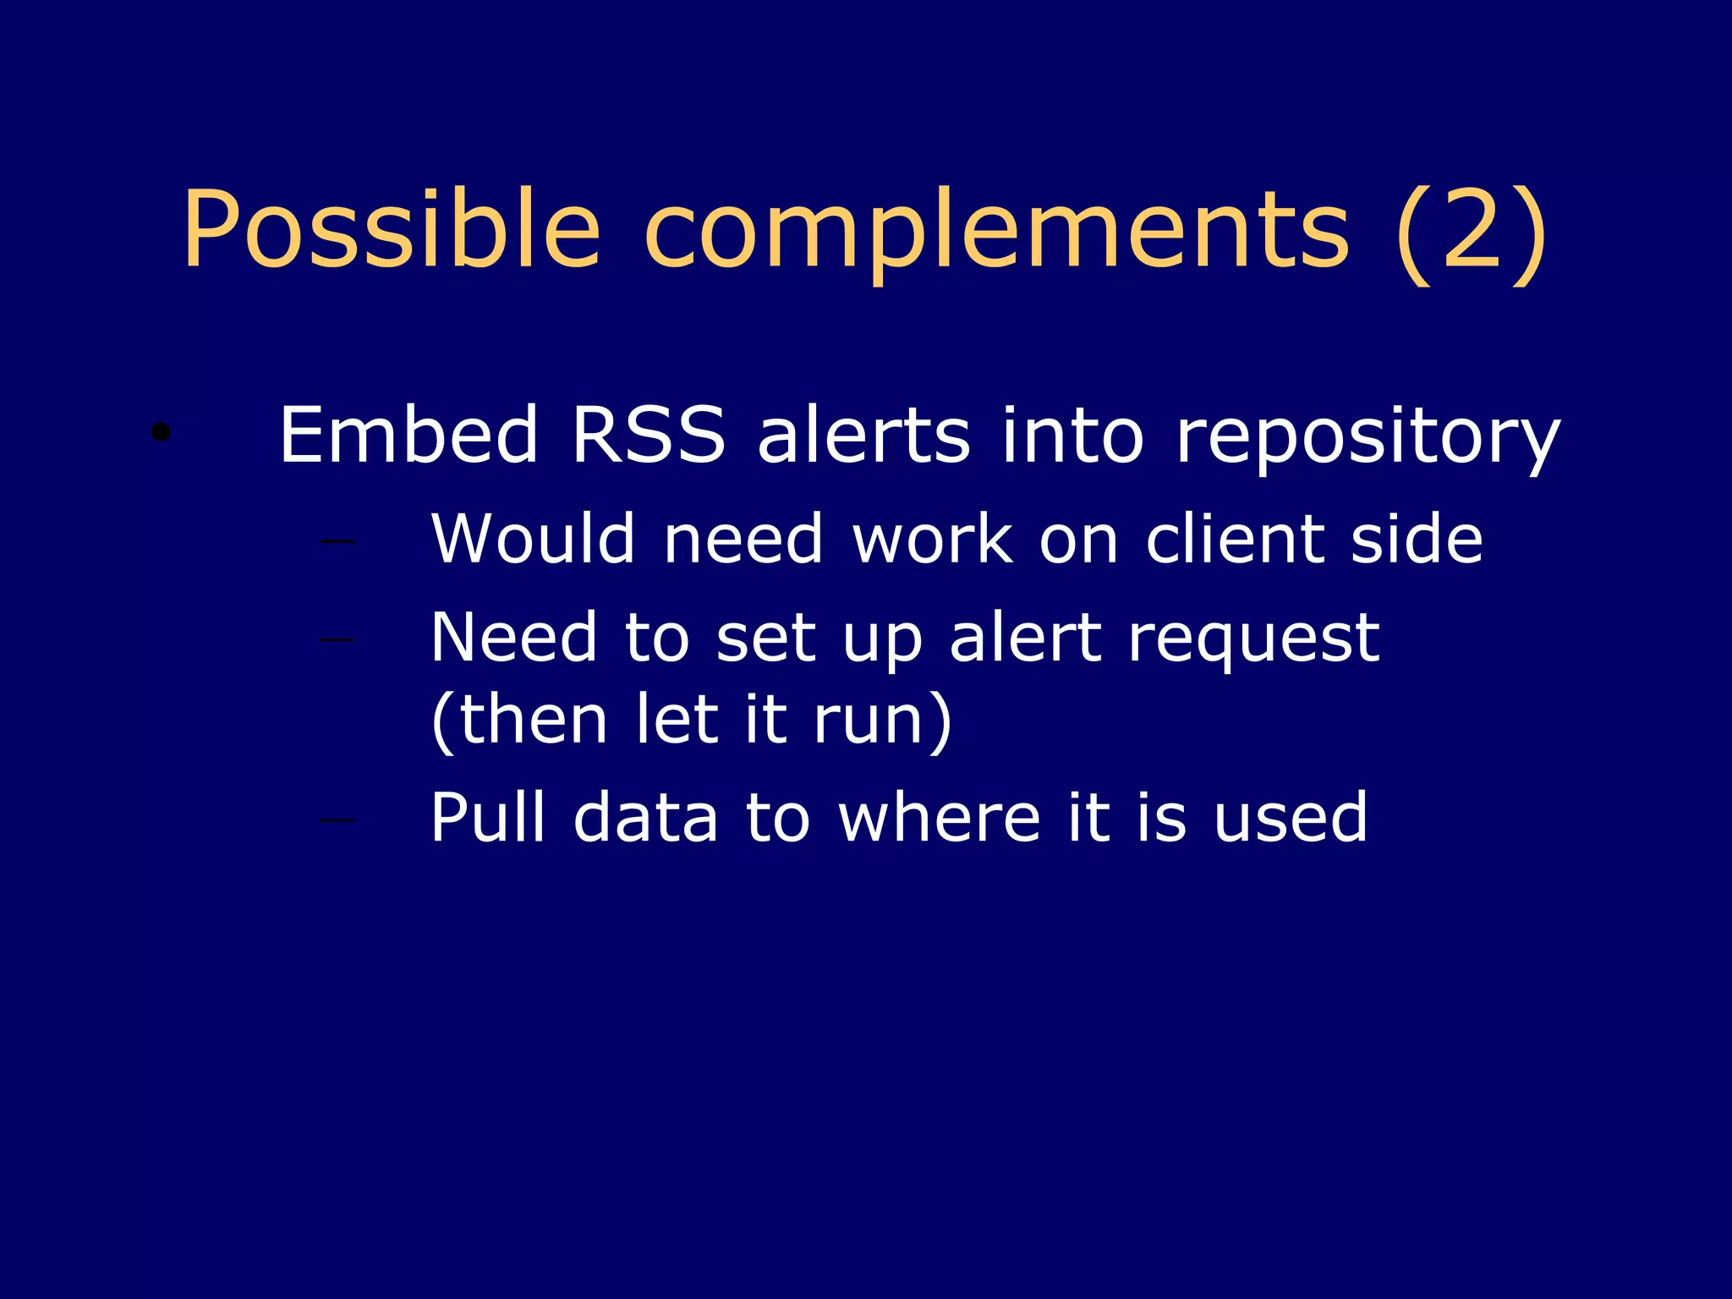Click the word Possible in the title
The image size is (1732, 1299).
(391, 230)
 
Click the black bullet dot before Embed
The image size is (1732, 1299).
(161, 433)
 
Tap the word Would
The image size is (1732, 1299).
(533, 539)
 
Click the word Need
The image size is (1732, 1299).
(514, 638)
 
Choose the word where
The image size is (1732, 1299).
(940, 817)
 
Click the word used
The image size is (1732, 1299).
(1290, 817)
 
